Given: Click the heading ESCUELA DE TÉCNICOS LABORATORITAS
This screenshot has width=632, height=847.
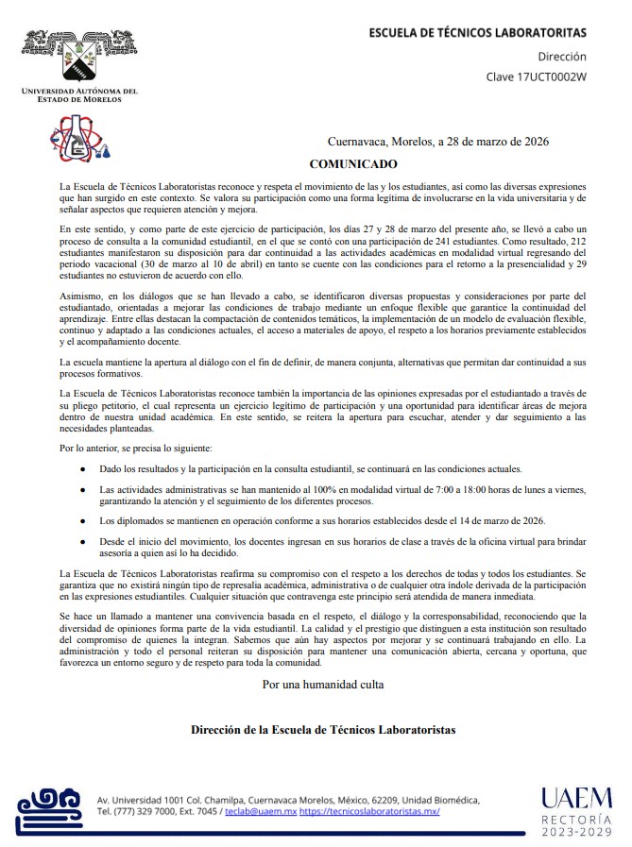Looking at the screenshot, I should [477, 33].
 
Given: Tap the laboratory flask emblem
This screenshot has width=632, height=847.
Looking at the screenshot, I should [80, 138].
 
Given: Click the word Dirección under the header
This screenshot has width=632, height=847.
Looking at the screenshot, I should [562, 57].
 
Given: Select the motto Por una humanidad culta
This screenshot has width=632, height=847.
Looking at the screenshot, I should [323, 684].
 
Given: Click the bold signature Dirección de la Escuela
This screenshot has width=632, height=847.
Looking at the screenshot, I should [323, 730].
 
